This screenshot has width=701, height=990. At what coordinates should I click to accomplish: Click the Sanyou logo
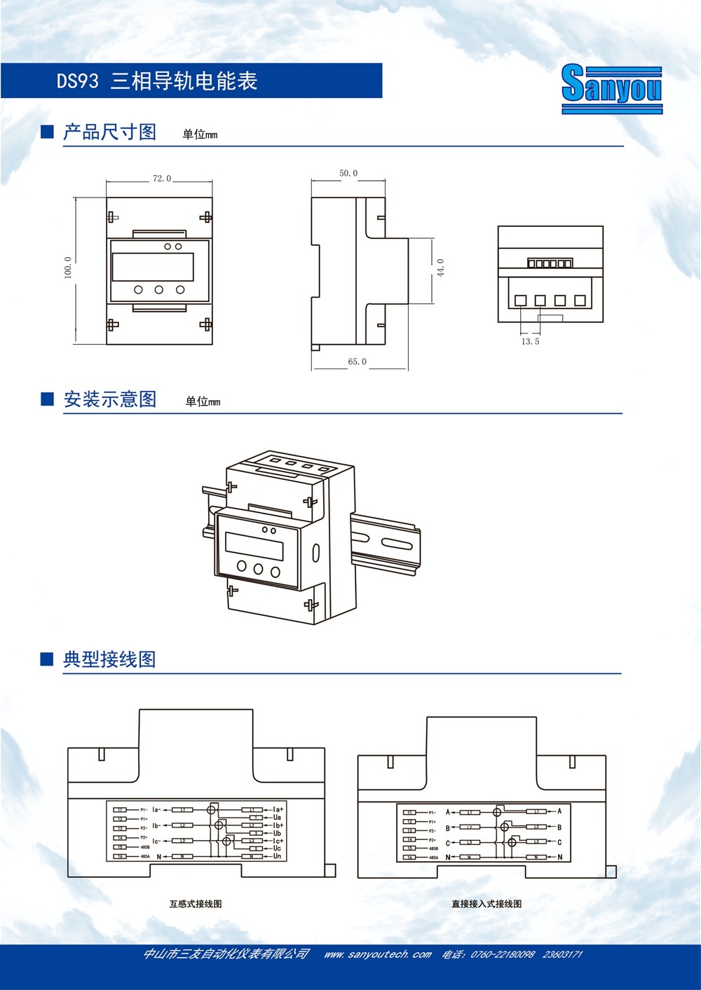(x=611, y=88)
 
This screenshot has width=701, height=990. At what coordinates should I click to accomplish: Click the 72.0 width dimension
(x=161, y=179)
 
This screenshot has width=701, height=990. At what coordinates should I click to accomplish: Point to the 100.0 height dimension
(x=68, y=267)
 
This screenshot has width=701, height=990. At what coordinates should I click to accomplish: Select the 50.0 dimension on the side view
(x=348, y=173)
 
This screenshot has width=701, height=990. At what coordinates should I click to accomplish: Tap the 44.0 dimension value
(x=441, y=268)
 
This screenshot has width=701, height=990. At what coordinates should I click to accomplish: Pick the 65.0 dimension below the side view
(x=357, y=362)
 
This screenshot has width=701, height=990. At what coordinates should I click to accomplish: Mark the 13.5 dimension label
(x=530, y=342)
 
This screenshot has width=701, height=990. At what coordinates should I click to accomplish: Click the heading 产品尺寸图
(x=109, y=132)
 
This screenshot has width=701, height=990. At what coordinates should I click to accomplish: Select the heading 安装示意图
(x=109, y=399)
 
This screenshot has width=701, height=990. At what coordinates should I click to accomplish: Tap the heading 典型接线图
(x=109, y=659)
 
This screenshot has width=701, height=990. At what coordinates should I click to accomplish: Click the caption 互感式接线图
(x=196, y=904)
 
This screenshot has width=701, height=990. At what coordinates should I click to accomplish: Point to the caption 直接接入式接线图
(x=486, y=904)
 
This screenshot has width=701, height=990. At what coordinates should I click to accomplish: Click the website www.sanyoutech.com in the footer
(x=377, y=954)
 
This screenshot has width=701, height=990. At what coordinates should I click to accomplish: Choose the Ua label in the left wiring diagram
(x=277, y=818)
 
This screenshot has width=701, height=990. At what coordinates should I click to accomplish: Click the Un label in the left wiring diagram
(x=277, y=856)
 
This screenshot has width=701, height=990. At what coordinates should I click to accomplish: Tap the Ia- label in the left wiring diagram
(x=156, y=810)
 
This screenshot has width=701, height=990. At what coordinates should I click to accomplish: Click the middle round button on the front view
(x=159, y=289)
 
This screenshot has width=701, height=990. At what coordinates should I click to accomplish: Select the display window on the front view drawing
(x=153, y=267)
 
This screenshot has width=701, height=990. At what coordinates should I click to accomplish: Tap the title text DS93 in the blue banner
(x=78, y=81)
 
